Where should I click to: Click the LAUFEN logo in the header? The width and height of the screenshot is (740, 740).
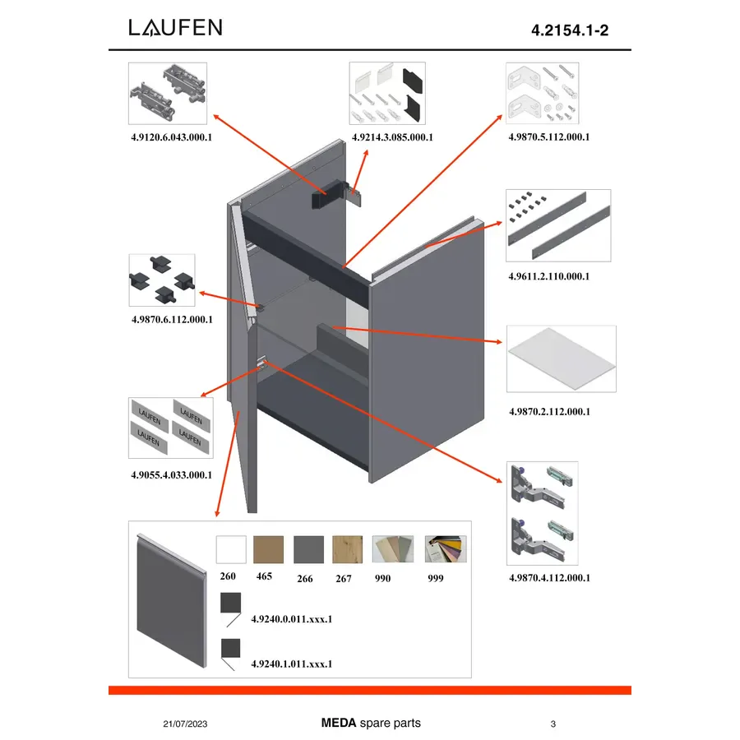(175, 27)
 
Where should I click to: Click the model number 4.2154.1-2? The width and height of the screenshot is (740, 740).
(570, 30)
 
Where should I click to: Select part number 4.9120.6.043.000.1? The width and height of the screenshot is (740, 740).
(171, 137)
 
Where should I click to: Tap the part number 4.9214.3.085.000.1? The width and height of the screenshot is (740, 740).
(392, 137)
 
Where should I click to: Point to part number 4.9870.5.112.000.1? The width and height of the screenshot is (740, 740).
(549, 136)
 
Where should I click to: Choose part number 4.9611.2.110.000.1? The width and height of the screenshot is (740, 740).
(549, 276)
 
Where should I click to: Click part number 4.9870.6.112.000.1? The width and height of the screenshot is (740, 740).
(172, 320)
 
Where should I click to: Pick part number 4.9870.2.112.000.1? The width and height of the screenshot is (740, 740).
(549, 412)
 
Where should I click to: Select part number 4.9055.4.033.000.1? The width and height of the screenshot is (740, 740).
(171, 474)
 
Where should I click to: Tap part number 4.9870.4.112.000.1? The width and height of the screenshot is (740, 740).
(549, 578)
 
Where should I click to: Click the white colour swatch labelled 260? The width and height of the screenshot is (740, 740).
(231, 549)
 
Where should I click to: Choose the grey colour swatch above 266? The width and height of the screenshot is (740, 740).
(308, 549)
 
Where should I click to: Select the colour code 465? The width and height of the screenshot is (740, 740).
(264, 576)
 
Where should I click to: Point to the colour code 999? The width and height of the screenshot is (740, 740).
(436, 578)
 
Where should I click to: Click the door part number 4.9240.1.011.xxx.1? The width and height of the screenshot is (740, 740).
(292, 664)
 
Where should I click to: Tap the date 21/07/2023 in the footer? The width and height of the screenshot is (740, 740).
(185, 724)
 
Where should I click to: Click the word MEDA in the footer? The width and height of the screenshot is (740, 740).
(339, 723)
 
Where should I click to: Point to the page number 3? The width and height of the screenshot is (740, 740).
(553, 724)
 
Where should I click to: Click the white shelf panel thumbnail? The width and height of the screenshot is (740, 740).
(561, 358)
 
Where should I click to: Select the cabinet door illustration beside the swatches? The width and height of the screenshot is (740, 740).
(172, 601)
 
